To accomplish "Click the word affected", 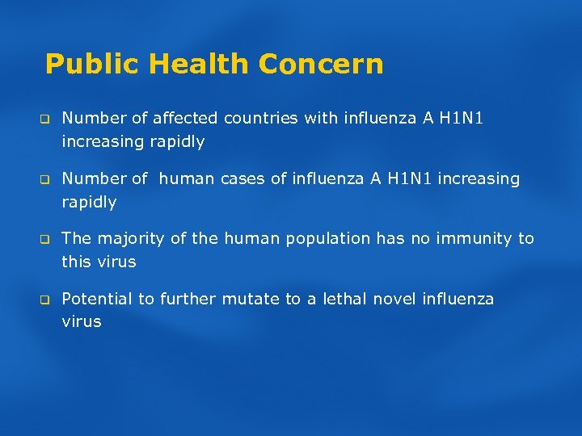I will pyautogui.click(x=182, y=119).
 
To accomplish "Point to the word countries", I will pyautogui.click(x=260, y=119).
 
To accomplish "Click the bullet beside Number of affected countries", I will pyautogui.click(x=47, y=119).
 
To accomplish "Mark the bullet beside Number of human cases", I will pyautogui.click(x=47, y=179).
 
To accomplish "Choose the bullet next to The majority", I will pyautogui.click(x=47, y=240).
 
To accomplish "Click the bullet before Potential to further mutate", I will pyautogui.click(x=47, y=300).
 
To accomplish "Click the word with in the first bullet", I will pyautogui.click(x=320, y=119).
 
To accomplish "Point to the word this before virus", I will pyautogui.click(x=76, y=262).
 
